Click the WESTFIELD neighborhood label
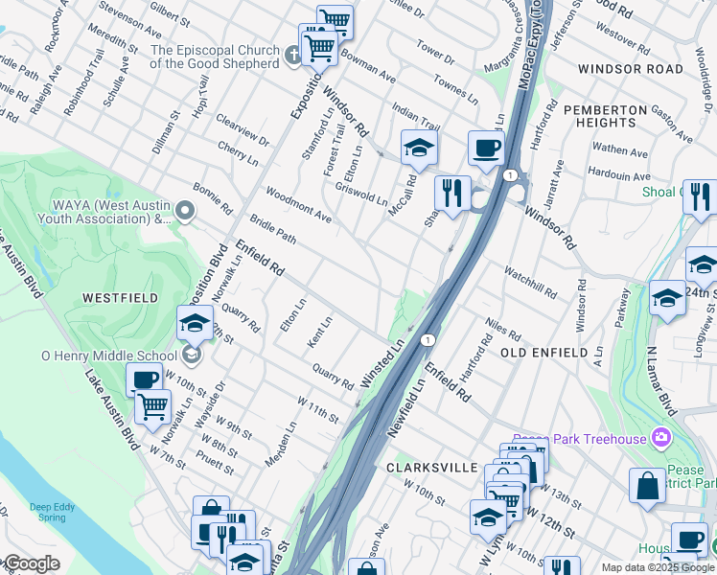click(120, 298)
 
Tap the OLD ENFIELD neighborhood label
click(544, 353)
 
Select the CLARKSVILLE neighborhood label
click(431, 467)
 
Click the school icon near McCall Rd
click(419, 148)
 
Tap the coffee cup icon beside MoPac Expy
click(486, 149)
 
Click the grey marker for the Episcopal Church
click(293, 56)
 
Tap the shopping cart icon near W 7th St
click(152, 406)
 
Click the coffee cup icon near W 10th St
click(145, 379)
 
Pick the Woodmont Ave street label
click(298, 205)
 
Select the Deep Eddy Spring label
click(54, 511)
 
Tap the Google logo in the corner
click(31, 563)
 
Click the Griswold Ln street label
click(361, 195)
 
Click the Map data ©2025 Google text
click(658, 567)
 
